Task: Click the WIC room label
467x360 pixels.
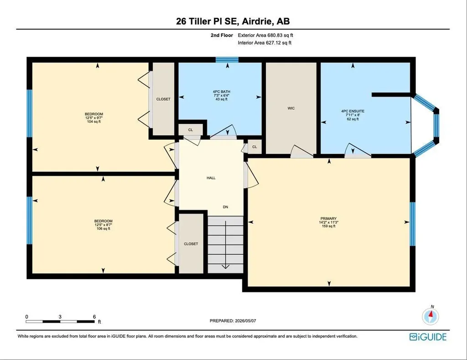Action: tap(291, 108)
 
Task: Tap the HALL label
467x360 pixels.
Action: tap(211, 178)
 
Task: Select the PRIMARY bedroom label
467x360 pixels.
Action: tap(328, 218)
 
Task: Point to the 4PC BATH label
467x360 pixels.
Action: tap(221, 92)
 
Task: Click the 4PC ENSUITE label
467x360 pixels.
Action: tap(353, 111)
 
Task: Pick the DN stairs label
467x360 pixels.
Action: tap(225, 207)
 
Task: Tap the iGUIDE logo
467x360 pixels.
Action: tap(428, 337)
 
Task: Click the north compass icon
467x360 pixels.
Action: tap(431, 316)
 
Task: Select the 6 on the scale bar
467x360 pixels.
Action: tap(94, 317)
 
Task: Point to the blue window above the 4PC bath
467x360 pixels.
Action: tap(227, 60)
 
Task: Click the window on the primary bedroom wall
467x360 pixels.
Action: tap(412, 224)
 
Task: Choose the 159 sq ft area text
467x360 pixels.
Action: tap(328, 226)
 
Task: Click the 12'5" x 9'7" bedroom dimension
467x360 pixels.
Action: tap(94, 118)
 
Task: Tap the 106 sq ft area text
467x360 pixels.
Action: tap(104, 228)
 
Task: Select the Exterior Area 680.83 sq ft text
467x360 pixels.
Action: tap(265, 35)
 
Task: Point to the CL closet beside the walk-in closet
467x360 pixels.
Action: tap(254, 147)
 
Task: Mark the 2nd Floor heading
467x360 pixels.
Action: tap(222, 35)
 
